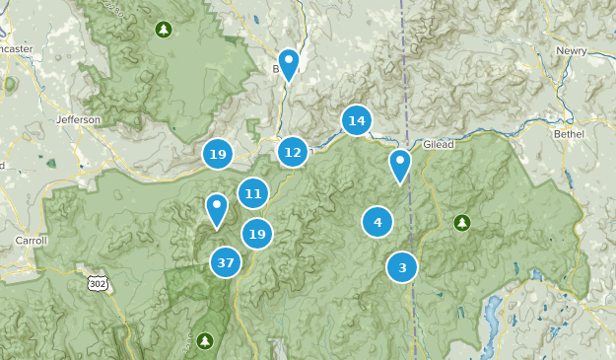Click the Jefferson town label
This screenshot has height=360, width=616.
79,119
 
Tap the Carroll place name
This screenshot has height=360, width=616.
32,240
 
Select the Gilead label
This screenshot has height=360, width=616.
439,144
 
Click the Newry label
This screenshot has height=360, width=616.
571,50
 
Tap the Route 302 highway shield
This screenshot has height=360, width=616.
98,283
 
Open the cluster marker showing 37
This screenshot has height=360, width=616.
226,262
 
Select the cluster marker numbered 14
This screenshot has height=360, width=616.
357,120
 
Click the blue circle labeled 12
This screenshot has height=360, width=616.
292,152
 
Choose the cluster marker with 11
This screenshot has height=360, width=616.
253,193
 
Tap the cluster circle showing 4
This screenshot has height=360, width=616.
377,222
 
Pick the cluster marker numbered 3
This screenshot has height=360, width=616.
401,266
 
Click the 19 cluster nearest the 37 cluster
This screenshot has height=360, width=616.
257,234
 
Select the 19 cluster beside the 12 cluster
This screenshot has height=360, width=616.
218,154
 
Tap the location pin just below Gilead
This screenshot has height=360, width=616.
399,165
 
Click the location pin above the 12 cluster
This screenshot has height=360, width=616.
288,64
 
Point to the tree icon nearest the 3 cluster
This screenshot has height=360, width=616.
460,222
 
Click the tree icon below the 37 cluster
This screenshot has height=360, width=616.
205,340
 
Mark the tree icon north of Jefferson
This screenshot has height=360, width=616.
163,29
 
